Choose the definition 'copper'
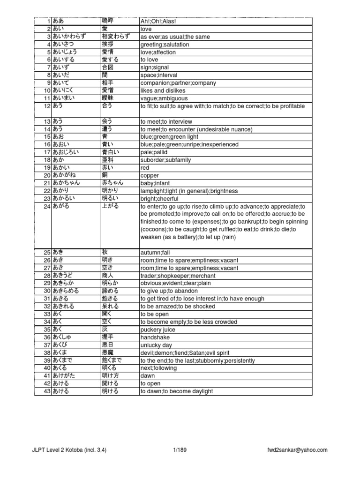[x=150, y=175]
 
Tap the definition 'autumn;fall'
[x=155, y=252]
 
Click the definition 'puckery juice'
[x=157, y=330]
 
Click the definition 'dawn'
[x=148, y=375]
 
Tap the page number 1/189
[x=180, y=450]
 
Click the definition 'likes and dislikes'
[x=163, y=90]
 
